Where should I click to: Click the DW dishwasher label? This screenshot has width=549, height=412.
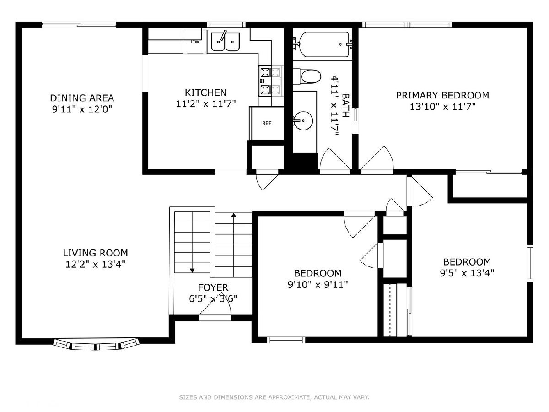coord(195,42)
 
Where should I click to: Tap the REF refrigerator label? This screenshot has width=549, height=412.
coord(267,123)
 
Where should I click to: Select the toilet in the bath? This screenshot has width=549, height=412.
coord(307,76)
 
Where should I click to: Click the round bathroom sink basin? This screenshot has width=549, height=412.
coord(303,120)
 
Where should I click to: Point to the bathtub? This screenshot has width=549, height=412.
coord(324,44)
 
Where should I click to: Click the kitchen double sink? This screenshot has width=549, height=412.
coord(226,42)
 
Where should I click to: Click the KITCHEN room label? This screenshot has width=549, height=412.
coord(205,92)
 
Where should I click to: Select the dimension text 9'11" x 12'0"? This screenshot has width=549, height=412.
coord(82,109)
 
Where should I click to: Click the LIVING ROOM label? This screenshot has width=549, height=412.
coord(95,253)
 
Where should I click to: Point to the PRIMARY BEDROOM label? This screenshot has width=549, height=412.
coord(442,95)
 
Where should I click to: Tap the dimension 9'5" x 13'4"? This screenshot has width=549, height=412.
coord(467,273)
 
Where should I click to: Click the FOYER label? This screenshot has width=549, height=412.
coord(213,287)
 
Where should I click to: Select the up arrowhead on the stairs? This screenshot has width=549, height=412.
coord(234,215)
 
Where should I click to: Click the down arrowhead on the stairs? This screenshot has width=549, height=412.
coord(192,271)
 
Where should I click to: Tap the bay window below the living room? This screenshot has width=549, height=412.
coord(96,344)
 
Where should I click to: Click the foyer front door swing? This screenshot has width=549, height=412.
coord(215,306)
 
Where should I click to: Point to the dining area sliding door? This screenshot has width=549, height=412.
coord(79,25)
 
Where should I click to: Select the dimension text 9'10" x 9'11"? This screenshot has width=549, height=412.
coord(318,284)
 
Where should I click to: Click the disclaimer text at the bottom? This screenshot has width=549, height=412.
coord(274,397)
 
